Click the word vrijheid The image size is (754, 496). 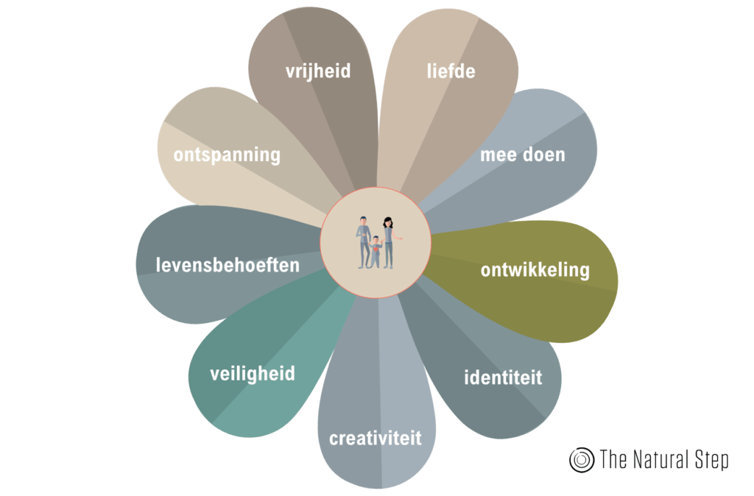318,71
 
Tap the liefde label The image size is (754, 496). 451,71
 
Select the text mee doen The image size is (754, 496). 523,155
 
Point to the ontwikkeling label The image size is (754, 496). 535,270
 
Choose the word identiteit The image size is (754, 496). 503,378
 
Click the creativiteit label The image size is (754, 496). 376,439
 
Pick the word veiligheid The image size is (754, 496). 253,374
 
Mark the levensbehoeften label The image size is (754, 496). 228,264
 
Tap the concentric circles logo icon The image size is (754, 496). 582,460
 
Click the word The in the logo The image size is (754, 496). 613,461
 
